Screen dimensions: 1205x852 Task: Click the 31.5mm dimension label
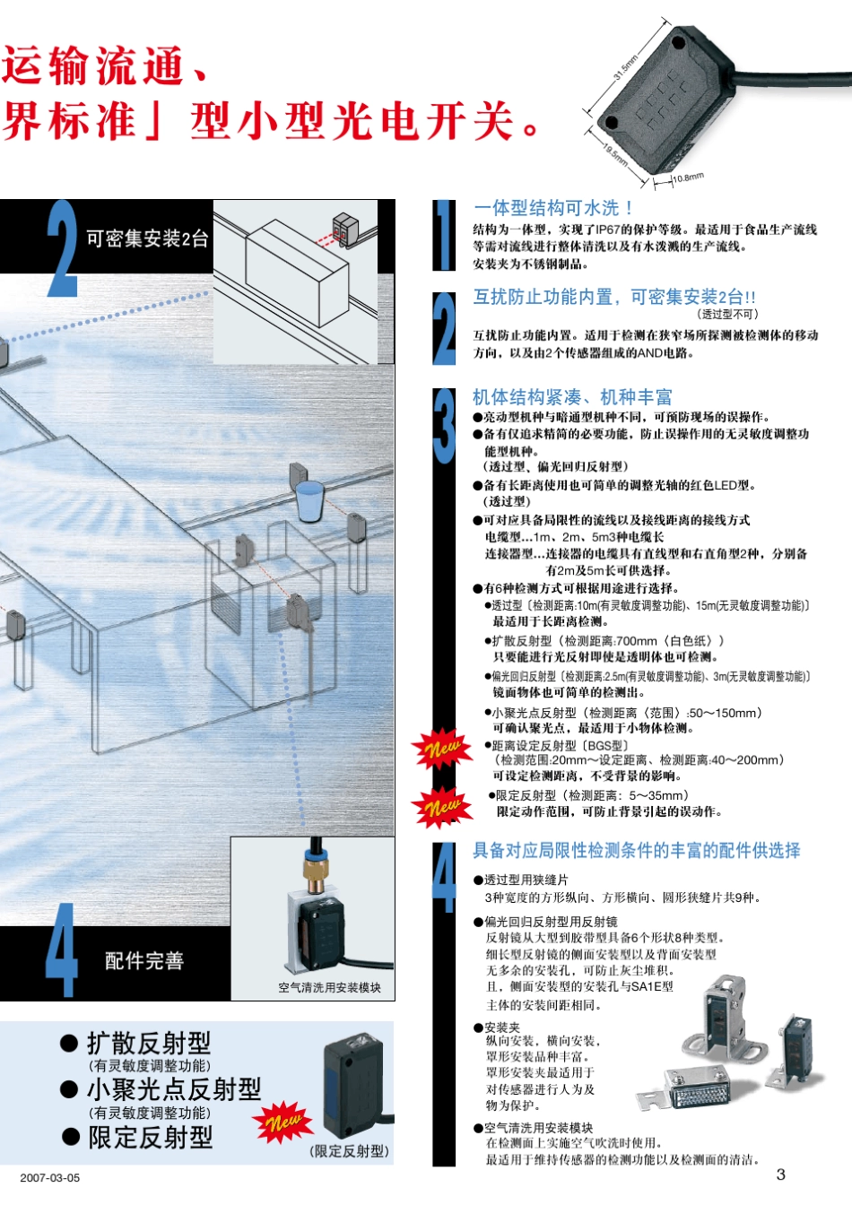[626, 67]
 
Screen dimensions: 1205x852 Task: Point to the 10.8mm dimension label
[688, 178]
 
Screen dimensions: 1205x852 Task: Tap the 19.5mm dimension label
[615, 155]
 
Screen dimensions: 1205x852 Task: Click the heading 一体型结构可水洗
[553, 208]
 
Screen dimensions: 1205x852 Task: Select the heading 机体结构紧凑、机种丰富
[572, 397]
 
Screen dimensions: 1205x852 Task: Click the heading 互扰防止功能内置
[614, 297]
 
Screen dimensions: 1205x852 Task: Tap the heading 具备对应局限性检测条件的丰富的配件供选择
[636, 850]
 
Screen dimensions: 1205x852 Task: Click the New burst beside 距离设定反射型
[441, 748]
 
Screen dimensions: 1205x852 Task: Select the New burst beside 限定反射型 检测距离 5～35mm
[441, 806]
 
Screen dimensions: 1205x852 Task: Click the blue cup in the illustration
[309, 500]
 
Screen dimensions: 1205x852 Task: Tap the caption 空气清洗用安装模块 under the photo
[329, 987]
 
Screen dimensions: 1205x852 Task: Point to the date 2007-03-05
[49, 1177]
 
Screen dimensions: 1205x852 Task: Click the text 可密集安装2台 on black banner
[147, 238]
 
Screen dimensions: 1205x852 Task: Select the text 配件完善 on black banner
[144, 961]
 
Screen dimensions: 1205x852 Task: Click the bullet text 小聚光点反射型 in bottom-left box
[174, 1089]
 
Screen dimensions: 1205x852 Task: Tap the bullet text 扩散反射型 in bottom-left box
[149, 1043]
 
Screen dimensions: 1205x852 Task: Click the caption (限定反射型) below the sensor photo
[350, 1151]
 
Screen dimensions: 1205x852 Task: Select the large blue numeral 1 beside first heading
[444, 235]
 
